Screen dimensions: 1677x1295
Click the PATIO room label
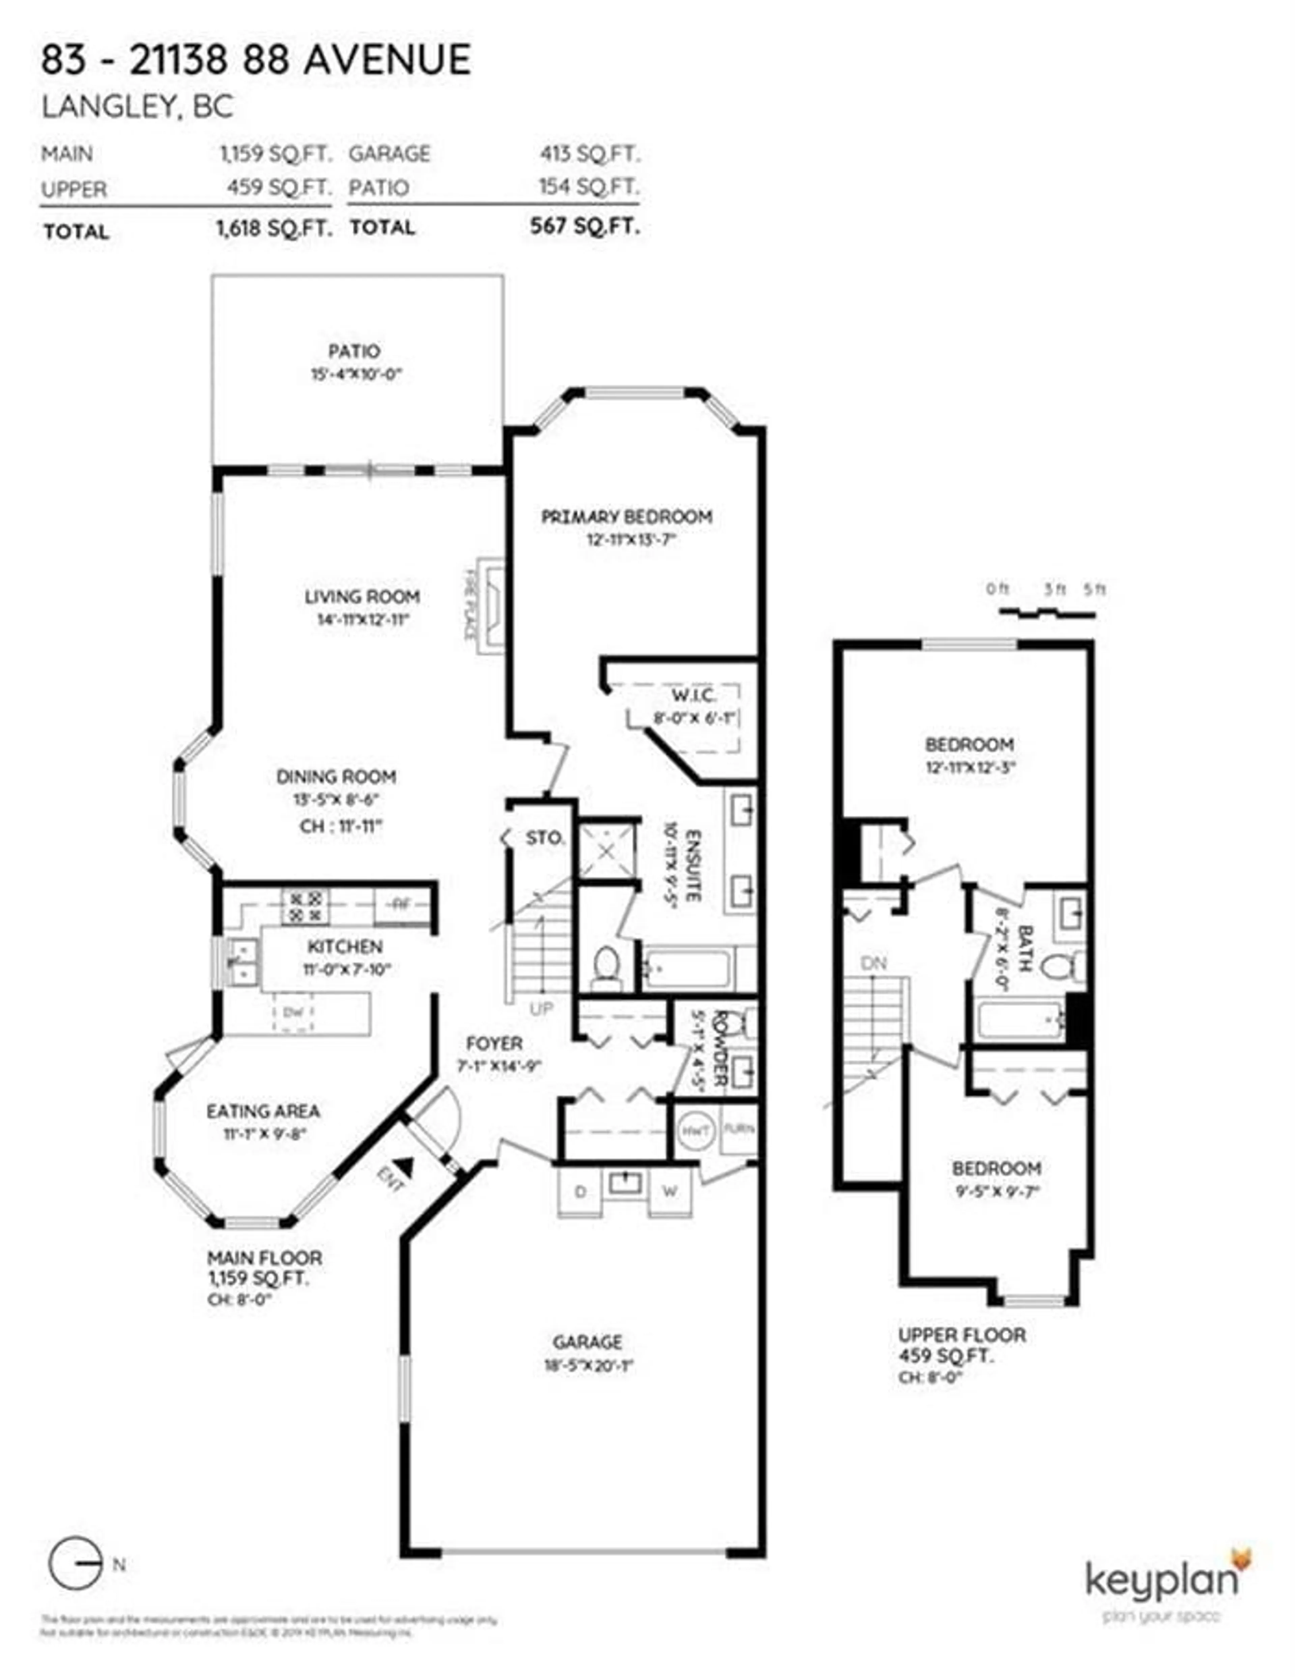pos(354,352)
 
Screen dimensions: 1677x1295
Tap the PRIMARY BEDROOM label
pos(626,517)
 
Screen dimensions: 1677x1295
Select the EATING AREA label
pos(263,1111)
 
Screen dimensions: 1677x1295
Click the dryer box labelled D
pos(580,1192)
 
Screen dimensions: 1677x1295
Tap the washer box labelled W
pos(669,1192)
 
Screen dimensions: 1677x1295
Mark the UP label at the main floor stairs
pos(540,1008)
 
